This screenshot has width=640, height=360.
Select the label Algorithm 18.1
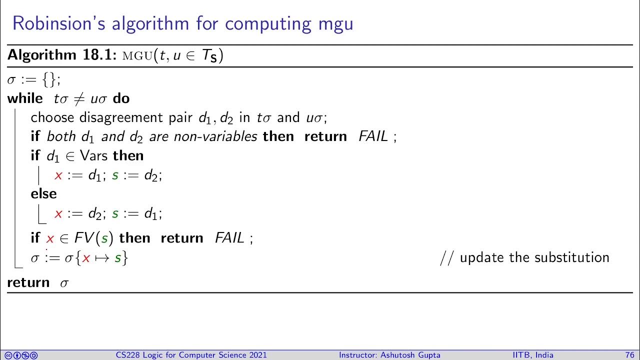pos(61,55)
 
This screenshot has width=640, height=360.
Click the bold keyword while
pos(25,98)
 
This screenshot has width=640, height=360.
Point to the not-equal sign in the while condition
pos(79,99)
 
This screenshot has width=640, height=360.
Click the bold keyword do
pos(121,98)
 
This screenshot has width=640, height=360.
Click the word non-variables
pos(215,136)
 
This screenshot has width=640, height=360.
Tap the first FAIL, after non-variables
pos(373,136)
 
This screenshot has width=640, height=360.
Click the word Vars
pos(93,156)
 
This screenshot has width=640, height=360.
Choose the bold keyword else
pos(43,193)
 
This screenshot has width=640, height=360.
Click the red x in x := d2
pos(58,214)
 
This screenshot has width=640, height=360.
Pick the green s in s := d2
pos(115,175)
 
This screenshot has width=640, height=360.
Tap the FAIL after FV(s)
pos(229,238)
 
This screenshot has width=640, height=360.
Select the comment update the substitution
pos(534,257)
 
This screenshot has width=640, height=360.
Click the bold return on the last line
pos(28,282)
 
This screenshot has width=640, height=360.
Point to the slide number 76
pos(629,355)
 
